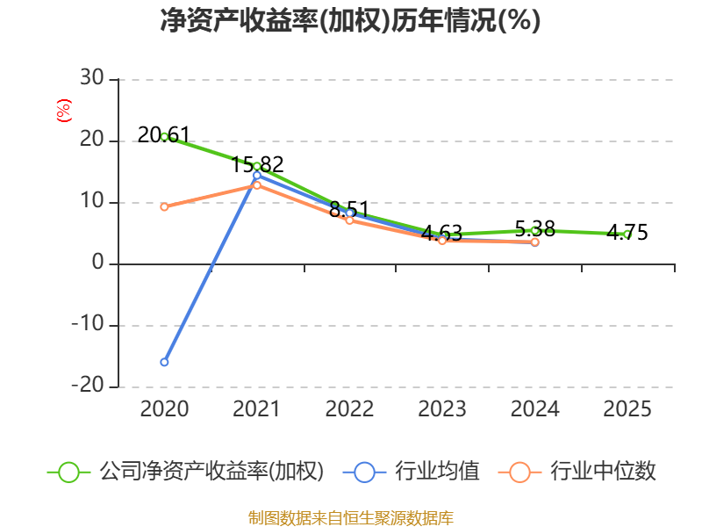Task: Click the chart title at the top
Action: (x=350, y=20)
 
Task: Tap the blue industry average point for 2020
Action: (x=164, y=362)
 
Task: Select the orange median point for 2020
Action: (x=164, y=206)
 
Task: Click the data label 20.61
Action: (x=163, y=134)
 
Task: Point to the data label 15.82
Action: (x=257, y=164)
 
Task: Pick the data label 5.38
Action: (x=535, y=229)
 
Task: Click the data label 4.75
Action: (x=627, y=232)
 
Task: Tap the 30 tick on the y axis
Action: (x=92, y=77)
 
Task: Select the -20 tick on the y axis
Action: (x=88, y=385)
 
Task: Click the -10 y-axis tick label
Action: (x=88, y=323)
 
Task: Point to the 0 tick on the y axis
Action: (x=98, y=262)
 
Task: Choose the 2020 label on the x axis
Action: (x=164, y=408)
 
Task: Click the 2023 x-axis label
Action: (x=442, y=408)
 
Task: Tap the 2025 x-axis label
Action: (x=627, y=408)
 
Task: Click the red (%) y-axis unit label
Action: (x=64, y=111)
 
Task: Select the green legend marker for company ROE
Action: (x=69, y=473)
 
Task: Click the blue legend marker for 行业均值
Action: (x=364, y=473)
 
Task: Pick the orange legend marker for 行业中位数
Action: (x=519, y=473)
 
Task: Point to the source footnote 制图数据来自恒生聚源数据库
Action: (x=351, y=518)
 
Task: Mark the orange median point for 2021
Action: (x=257, y=184)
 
